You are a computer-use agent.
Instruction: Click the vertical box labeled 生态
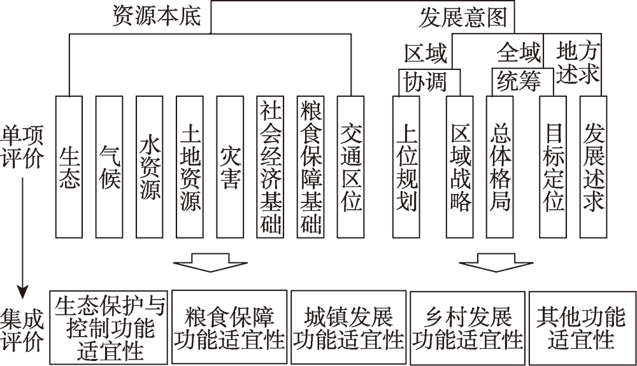pos(69,167)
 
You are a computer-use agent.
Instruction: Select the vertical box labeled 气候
pos(110,167)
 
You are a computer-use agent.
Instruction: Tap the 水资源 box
pos(150,167)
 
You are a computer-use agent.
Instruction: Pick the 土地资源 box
pos(190,167)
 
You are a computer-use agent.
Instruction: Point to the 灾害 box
pos(230,167)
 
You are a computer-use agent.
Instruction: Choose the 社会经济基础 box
pos(270,167)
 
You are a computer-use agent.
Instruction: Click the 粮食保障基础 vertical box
pos(310,167)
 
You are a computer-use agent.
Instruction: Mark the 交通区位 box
pos(350,167)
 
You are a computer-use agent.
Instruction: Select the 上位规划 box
pos(406,167)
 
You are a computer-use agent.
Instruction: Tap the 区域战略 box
pos(459,167)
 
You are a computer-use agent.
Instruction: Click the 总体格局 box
pos(499,167)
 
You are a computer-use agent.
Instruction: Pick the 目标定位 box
pos(553,167)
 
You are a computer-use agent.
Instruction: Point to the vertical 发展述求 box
pos(593,167)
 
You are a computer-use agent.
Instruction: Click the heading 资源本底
pos(157,17)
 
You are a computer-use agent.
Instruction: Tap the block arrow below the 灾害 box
pos(210,263)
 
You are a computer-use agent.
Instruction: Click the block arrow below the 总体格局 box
pos(496,263)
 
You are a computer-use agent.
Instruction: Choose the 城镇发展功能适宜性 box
pos(348,327)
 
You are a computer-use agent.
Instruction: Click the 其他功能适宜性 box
pos(582,328)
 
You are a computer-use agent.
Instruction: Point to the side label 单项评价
pos(22,146)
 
